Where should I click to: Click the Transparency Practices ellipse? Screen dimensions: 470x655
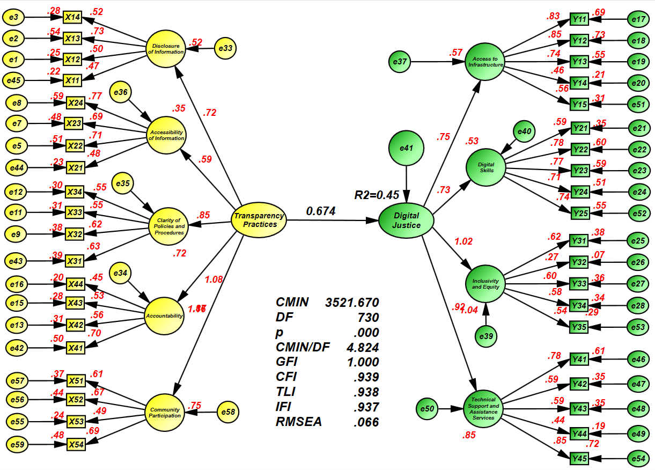tap(260, 221)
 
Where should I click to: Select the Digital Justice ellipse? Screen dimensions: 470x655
tap(406, 221)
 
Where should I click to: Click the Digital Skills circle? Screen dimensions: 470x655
tap(486, 167)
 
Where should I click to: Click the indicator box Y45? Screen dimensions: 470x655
tap(579, 459)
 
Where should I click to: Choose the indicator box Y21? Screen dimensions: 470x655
tap(579, 128)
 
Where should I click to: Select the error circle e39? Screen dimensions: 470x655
tap(486, 336)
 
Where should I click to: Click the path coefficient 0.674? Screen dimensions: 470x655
tap(321, 211)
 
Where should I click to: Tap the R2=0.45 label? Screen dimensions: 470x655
tap(377, 195)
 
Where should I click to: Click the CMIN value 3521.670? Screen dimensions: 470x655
tap(352, 302)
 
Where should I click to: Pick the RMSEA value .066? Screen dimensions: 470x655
tap(366, 422)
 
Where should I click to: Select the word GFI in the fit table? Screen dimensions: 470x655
tap(286, 362)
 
